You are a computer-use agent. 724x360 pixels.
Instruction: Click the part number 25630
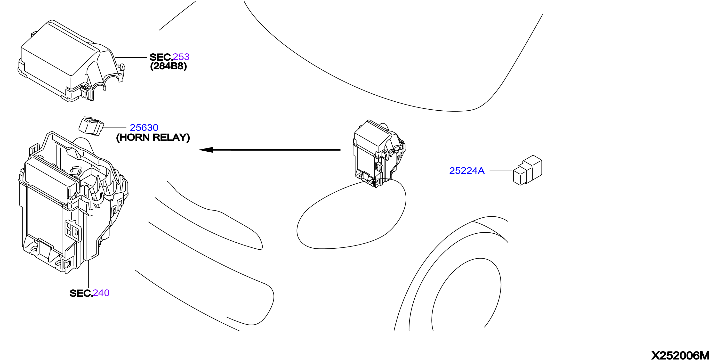pos(144,128)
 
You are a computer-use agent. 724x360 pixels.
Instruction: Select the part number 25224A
pos(467,171)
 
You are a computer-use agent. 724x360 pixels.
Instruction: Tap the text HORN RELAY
pos(153,138)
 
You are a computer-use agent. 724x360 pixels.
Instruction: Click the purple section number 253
pos(181,57)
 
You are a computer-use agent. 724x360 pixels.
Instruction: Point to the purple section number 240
pos(101,293)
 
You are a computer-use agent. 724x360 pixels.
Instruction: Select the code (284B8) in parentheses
pos(169,66)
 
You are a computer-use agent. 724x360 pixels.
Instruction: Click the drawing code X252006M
pos(680,355)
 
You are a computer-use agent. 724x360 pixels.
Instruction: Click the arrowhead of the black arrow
pos(206,150)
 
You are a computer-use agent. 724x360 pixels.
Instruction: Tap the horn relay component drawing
pos(91,126)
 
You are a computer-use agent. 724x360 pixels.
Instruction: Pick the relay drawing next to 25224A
pos(528,170)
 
